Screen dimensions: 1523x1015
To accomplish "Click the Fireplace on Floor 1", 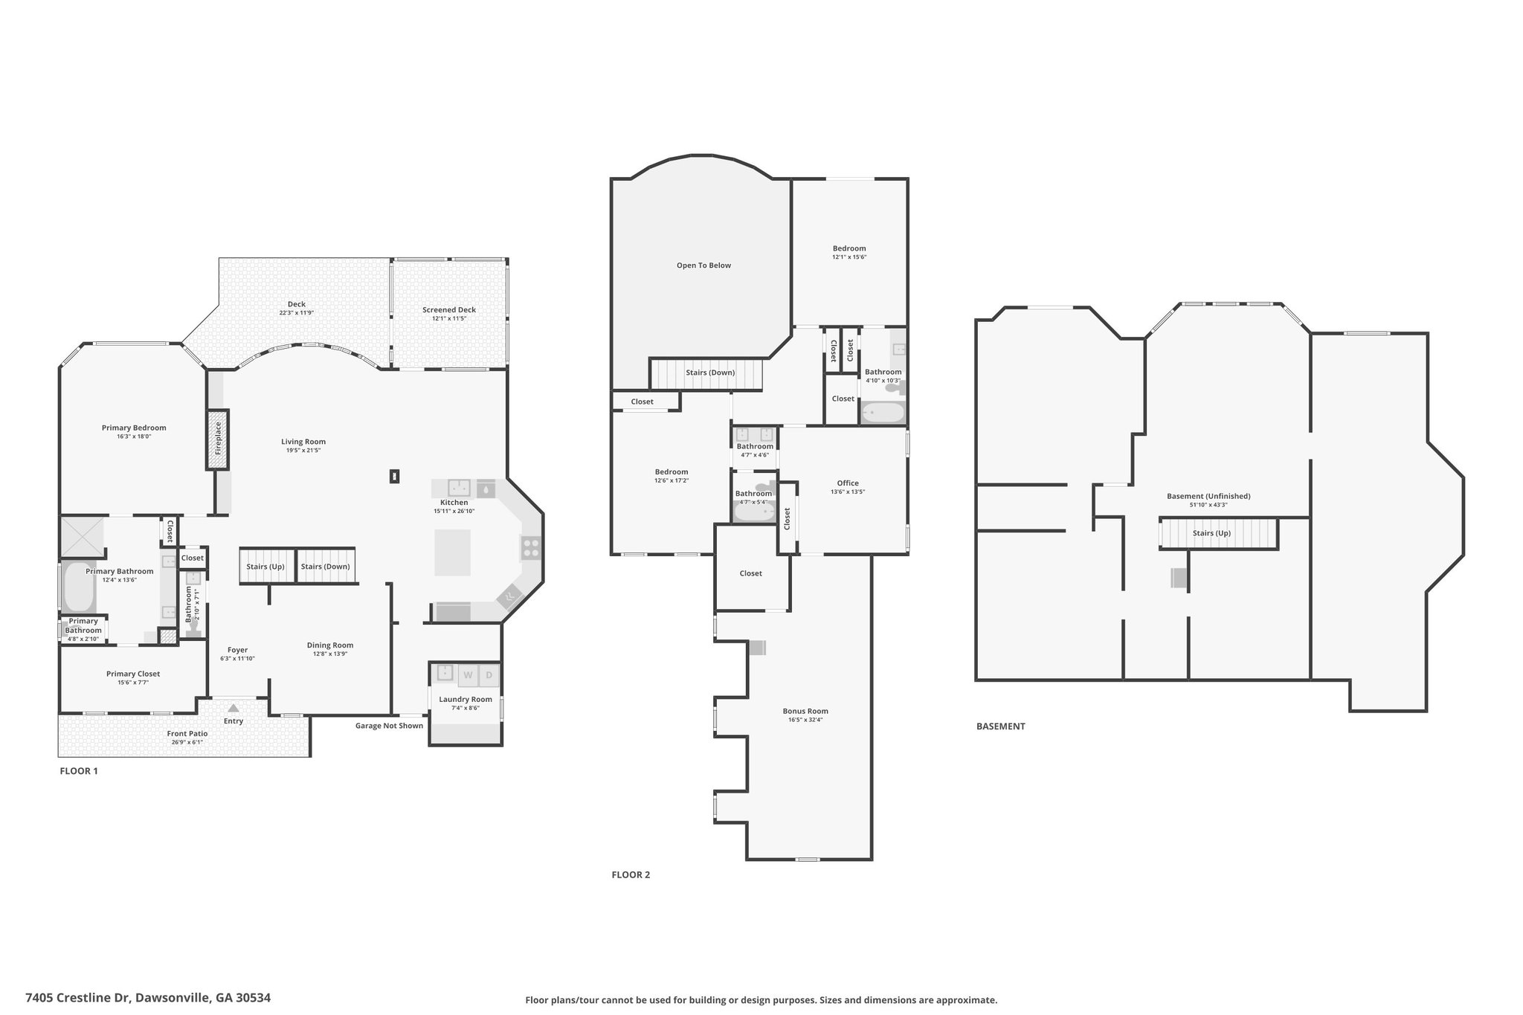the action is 217,439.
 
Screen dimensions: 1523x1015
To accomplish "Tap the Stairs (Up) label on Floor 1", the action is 265,567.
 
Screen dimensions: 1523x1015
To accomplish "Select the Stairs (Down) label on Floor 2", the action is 710,373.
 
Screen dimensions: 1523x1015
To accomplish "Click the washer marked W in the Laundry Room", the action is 468,676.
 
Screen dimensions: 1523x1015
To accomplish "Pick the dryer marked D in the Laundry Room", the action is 489,676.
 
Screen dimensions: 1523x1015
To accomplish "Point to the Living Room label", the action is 303,442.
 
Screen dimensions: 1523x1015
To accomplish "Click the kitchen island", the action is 452,552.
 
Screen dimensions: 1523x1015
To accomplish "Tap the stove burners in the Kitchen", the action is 531,549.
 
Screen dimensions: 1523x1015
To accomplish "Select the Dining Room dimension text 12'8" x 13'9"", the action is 329,654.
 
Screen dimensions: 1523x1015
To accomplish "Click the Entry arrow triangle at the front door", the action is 234,709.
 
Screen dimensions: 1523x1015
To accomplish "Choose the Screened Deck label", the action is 449,310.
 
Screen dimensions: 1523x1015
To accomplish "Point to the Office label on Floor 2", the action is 848,483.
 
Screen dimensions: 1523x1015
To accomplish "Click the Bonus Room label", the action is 805,711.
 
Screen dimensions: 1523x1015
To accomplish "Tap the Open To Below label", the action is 703,265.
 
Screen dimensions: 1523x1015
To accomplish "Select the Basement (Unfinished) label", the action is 1208,496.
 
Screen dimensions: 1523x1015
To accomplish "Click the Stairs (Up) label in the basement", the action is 1211,533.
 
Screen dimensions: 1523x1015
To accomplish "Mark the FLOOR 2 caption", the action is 631,875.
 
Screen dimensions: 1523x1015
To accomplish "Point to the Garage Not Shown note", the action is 389,726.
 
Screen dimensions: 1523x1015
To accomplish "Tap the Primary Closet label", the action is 133,674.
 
